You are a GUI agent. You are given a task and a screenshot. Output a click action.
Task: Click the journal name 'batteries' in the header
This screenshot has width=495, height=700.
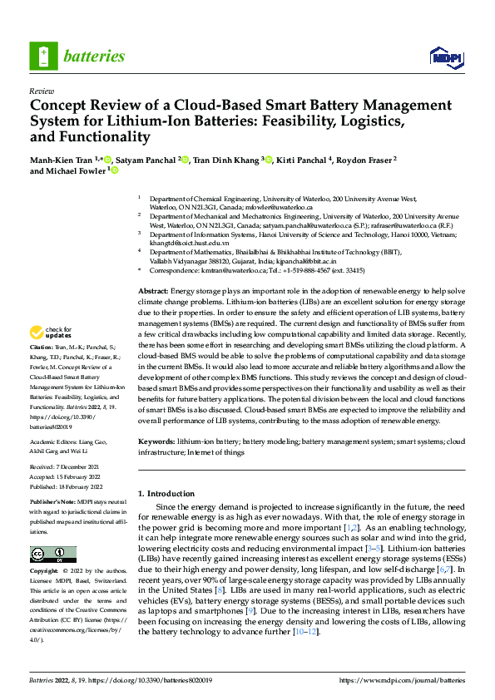[x=93, y=57]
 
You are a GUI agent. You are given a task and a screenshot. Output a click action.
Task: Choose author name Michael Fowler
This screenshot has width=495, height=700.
[x=69, y=171]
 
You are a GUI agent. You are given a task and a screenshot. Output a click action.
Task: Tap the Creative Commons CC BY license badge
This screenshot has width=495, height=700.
[x=53, y=555]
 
